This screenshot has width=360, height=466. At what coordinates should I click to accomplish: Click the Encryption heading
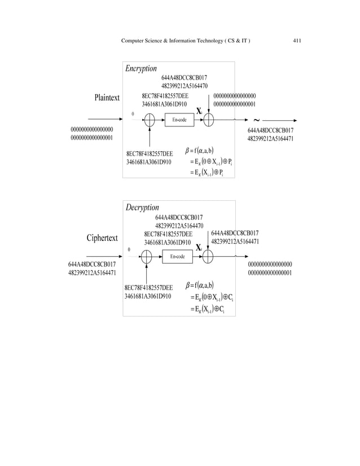tap(141, 68)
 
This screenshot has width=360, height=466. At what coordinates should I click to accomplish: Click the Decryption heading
tap(142, 208)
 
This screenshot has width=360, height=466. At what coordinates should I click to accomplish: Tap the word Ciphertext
tap(102, 238)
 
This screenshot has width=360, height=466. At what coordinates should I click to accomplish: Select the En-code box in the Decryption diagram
tap(177, 257)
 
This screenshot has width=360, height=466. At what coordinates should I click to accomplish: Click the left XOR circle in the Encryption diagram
tap(150, 120)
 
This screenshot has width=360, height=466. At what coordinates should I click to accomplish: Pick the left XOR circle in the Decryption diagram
tap(146, 257)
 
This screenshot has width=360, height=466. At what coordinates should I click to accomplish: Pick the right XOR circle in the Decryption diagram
tap(208, 257)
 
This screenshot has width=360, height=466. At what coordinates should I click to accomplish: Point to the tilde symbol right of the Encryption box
tap(257, 120)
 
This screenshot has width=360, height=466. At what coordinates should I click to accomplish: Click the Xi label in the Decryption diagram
tap(199, 248)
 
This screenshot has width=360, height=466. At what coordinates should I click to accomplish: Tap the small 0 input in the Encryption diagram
tap(133, 114)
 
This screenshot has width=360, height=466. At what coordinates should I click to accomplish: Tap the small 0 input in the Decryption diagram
tap(129, 249)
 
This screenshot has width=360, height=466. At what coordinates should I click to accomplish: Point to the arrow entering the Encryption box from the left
tap(104, 120)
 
